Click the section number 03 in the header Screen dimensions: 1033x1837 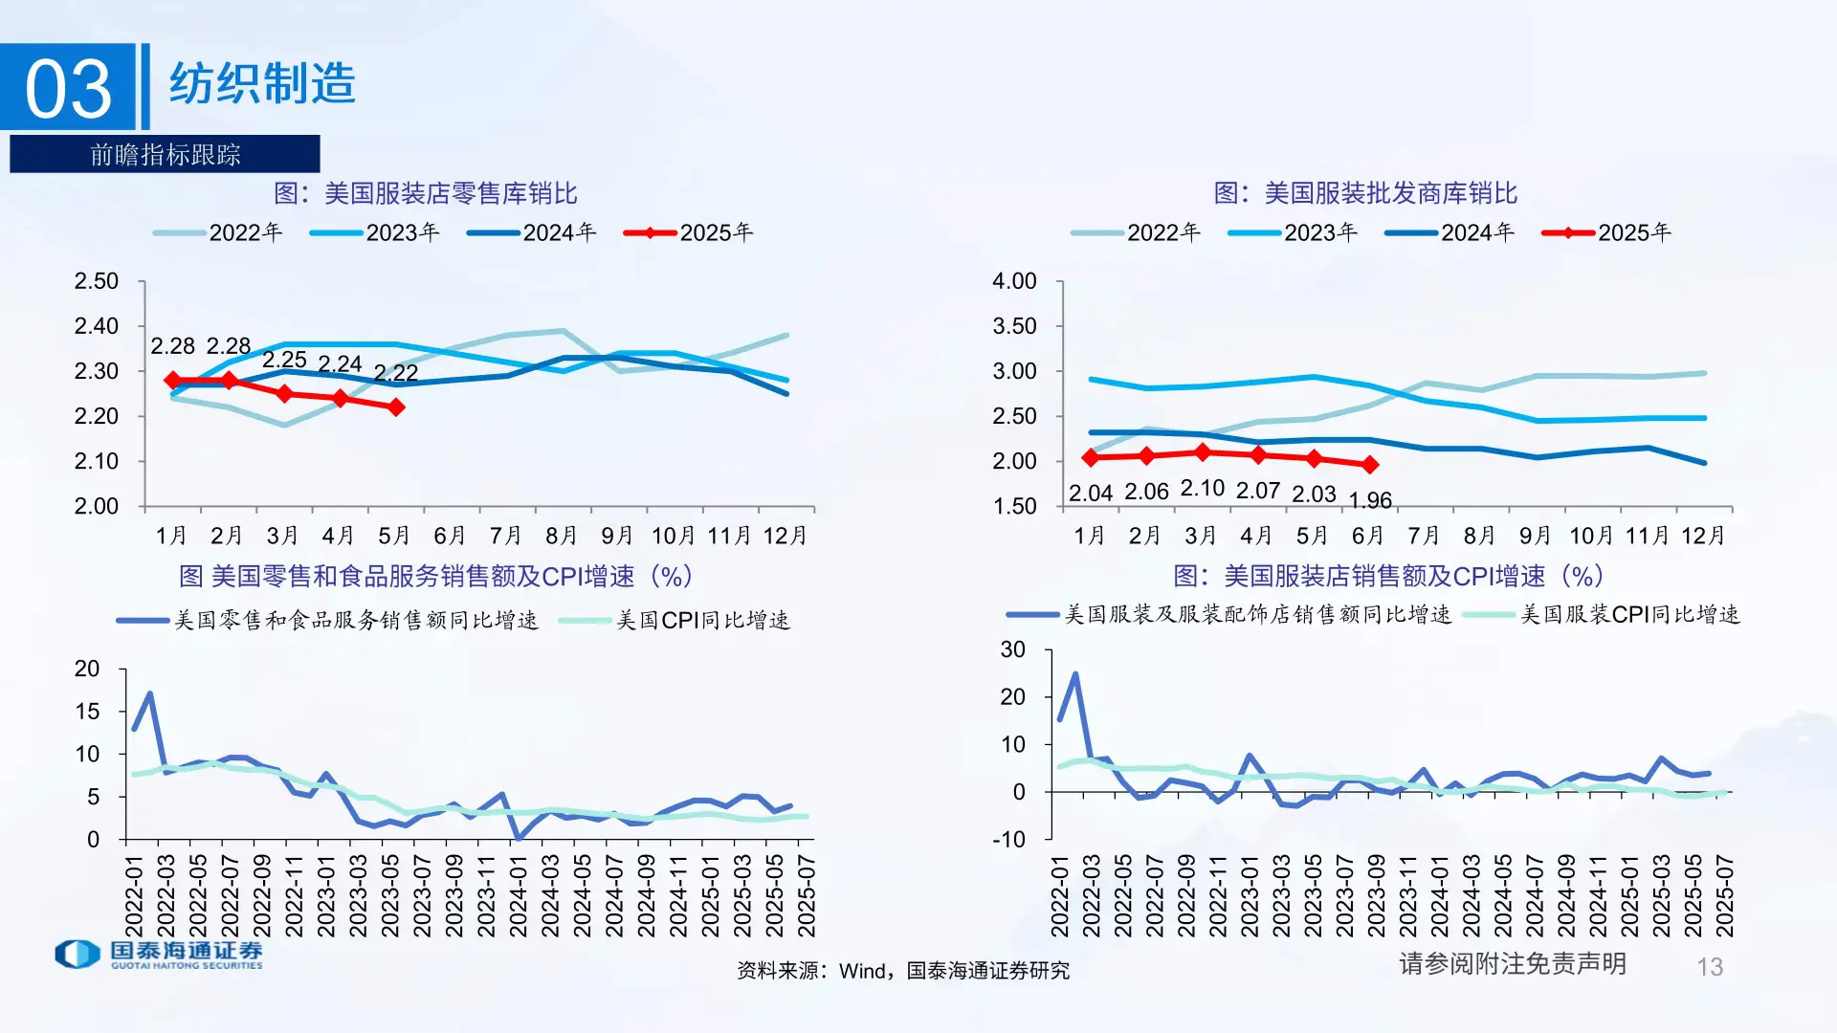68,88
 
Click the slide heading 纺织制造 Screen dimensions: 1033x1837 262,83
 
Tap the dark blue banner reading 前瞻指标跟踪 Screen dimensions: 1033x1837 165,154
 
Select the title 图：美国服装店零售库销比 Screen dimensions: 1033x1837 426,193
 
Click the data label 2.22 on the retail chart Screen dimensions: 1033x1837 396,373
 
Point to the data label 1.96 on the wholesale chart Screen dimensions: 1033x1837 1370,500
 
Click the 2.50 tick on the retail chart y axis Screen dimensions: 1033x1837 96,281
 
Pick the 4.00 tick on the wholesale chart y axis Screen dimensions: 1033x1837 1014,281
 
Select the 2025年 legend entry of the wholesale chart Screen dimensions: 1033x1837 1607,232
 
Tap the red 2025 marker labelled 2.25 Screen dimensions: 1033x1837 284,394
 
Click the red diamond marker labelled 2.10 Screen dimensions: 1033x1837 1203,452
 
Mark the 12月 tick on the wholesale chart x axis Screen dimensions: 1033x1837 1703,536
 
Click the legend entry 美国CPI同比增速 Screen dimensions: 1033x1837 675,620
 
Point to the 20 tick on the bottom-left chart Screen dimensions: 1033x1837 87,669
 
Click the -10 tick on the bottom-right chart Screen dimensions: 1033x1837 1012,839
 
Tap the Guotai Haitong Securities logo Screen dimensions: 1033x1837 159,954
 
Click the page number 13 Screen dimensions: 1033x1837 1710,967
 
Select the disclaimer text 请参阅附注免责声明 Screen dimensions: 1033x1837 1513,963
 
